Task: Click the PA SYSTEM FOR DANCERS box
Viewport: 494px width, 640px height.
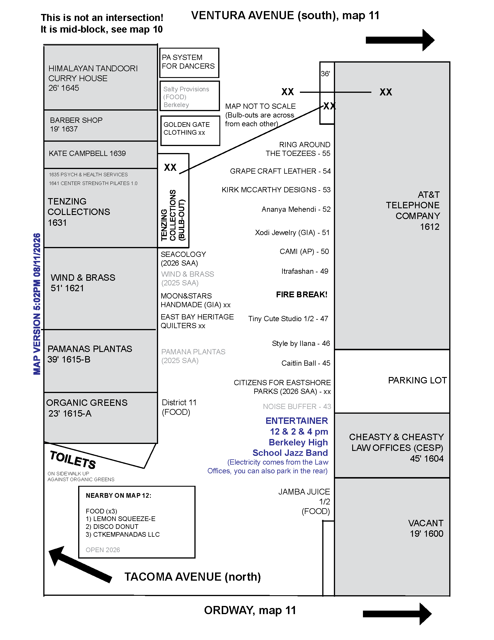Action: pos(189,63)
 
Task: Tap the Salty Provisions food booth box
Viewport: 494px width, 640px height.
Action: pos(190,96)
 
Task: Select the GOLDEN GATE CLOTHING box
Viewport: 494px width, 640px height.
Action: pos(190,131)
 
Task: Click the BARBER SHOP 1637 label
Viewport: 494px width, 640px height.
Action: pos(76,125)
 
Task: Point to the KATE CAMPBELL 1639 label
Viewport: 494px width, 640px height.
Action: pos(87,153)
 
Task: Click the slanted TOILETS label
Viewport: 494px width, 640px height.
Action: pos(73,460)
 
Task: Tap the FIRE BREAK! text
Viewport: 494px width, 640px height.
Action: pos(302,294)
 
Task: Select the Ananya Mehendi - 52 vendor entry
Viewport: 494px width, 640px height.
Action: pos(296,209)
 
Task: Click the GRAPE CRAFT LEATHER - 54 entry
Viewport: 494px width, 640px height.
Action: pos(280,171)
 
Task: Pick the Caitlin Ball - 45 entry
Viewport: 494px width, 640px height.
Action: pos(306,363)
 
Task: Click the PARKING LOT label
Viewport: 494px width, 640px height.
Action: pos(417,380)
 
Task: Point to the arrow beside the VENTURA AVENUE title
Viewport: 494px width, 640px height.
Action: pos(400,40)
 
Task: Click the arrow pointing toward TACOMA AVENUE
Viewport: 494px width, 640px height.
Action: pos(80,564)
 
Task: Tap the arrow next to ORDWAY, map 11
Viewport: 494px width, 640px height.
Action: pos(397,614)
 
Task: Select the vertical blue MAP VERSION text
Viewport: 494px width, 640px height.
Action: pos(37,304)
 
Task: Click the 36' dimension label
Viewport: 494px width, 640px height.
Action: pos(325,74)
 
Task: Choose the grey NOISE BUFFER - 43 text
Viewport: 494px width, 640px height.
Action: pos(297,406)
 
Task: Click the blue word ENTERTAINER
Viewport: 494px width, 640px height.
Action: pos(297,421)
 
